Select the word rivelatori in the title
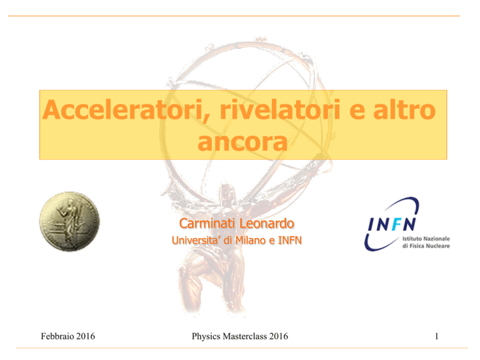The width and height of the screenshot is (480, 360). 280,109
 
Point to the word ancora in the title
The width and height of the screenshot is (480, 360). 242,142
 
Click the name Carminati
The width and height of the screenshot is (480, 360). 207,223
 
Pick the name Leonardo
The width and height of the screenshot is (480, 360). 266,223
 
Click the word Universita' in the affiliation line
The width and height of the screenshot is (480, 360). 196,240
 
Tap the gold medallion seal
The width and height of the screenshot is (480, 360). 69,222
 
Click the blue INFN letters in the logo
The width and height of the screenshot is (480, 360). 392,224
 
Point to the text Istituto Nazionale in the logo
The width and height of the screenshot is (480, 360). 426,239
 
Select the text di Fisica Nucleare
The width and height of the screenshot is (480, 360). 426,246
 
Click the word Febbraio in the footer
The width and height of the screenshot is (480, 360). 57,336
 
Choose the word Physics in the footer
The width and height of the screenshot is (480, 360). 206,336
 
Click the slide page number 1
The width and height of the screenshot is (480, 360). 436,336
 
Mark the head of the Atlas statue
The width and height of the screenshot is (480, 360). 226,192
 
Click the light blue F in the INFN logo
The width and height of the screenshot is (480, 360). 396,224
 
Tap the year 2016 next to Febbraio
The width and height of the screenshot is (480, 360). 86,336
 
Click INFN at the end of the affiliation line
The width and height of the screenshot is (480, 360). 289,240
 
